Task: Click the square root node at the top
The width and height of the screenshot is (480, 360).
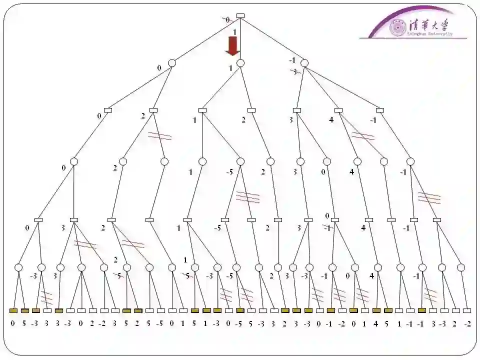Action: point(240,15)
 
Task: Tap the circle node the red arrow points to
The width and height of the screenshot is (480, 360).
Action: point(240,63)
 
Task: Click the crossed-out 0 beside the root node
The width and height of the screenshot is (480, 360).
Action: point(227,19)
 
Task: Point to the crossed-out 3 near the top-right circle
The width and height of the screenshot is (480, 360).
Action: point(295,71)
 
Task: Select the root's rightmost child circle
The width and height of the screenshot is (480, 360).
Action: point(304,63)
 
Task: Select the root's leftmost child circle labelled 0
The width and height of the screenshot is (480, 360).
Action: point(172,63)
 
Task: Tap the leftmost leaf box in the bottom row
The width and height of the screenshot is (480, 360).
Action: point(13,310)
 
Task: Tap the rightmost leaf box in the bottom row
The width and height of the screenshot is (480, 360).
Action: point(467,310)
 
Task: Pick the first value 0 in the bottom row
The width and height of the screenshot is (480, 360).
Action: point(13,323)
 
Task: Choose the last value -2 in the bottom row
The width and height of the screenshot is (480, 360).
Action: point(467,323)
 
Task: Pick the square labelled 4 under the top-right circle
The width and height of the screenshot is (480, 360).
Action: point(338,110)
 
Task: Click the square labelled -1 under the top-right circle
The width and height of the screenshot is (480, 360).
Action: point(380,110)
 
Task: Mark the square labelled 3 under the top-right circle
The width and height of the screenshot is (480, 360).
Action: point(297,110)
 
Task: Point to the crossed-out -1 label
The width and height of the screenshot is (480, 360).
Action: point(326,228)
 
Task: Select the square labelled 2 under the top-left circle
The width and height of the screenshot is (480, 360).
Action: point(153,110)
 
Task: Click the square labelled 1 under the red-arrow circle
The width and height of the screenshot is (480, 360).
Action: point(202,110)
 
